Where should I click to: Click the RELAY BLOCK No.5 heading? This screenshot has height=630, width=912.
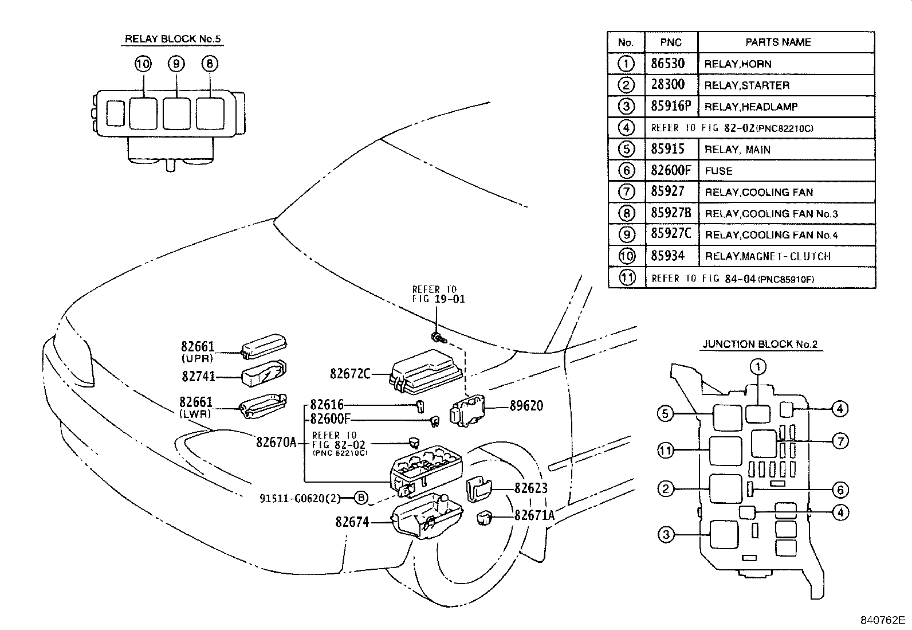point(172,39)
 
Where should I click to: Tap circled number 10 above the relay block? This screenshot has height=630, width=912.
point(143,64)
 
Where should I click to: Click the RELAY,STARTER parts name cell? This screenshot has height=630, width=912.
point(746,85)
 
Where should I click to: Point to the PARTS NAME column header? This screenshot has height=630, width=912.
point(777,42)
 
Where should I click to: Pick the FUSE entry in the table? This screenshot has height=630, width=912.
point(718,171)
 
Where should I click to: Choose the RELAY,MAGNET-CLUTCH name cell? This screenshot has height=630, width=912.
point(767,256)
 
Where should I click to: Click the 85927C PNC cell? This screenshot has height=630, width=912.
point(670,234)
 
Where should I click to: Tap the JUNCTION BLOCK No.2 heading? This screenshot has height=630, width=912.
point(760,345)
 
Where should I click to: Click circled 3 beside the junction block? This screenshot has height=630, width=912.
point(666,535)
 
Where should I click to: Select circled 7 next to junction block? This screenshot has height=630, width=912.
point(840,441)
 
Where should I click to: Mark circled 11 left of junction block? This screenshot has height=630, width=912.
point(666,451)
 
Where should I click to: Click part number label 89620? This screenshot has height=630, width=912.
point(526,406)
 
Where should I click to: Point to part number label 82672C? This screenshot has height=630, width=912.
point(350,374)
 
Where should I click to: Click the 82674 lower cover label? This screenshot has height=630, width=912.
point(352,522)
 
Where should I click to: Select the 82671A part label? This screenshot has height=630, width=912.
point(534,515)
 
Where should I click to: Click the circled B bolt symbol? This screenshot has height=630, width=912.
point(361,498)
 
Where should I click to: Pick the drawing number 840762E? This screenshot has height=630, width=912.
point(882,620)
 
